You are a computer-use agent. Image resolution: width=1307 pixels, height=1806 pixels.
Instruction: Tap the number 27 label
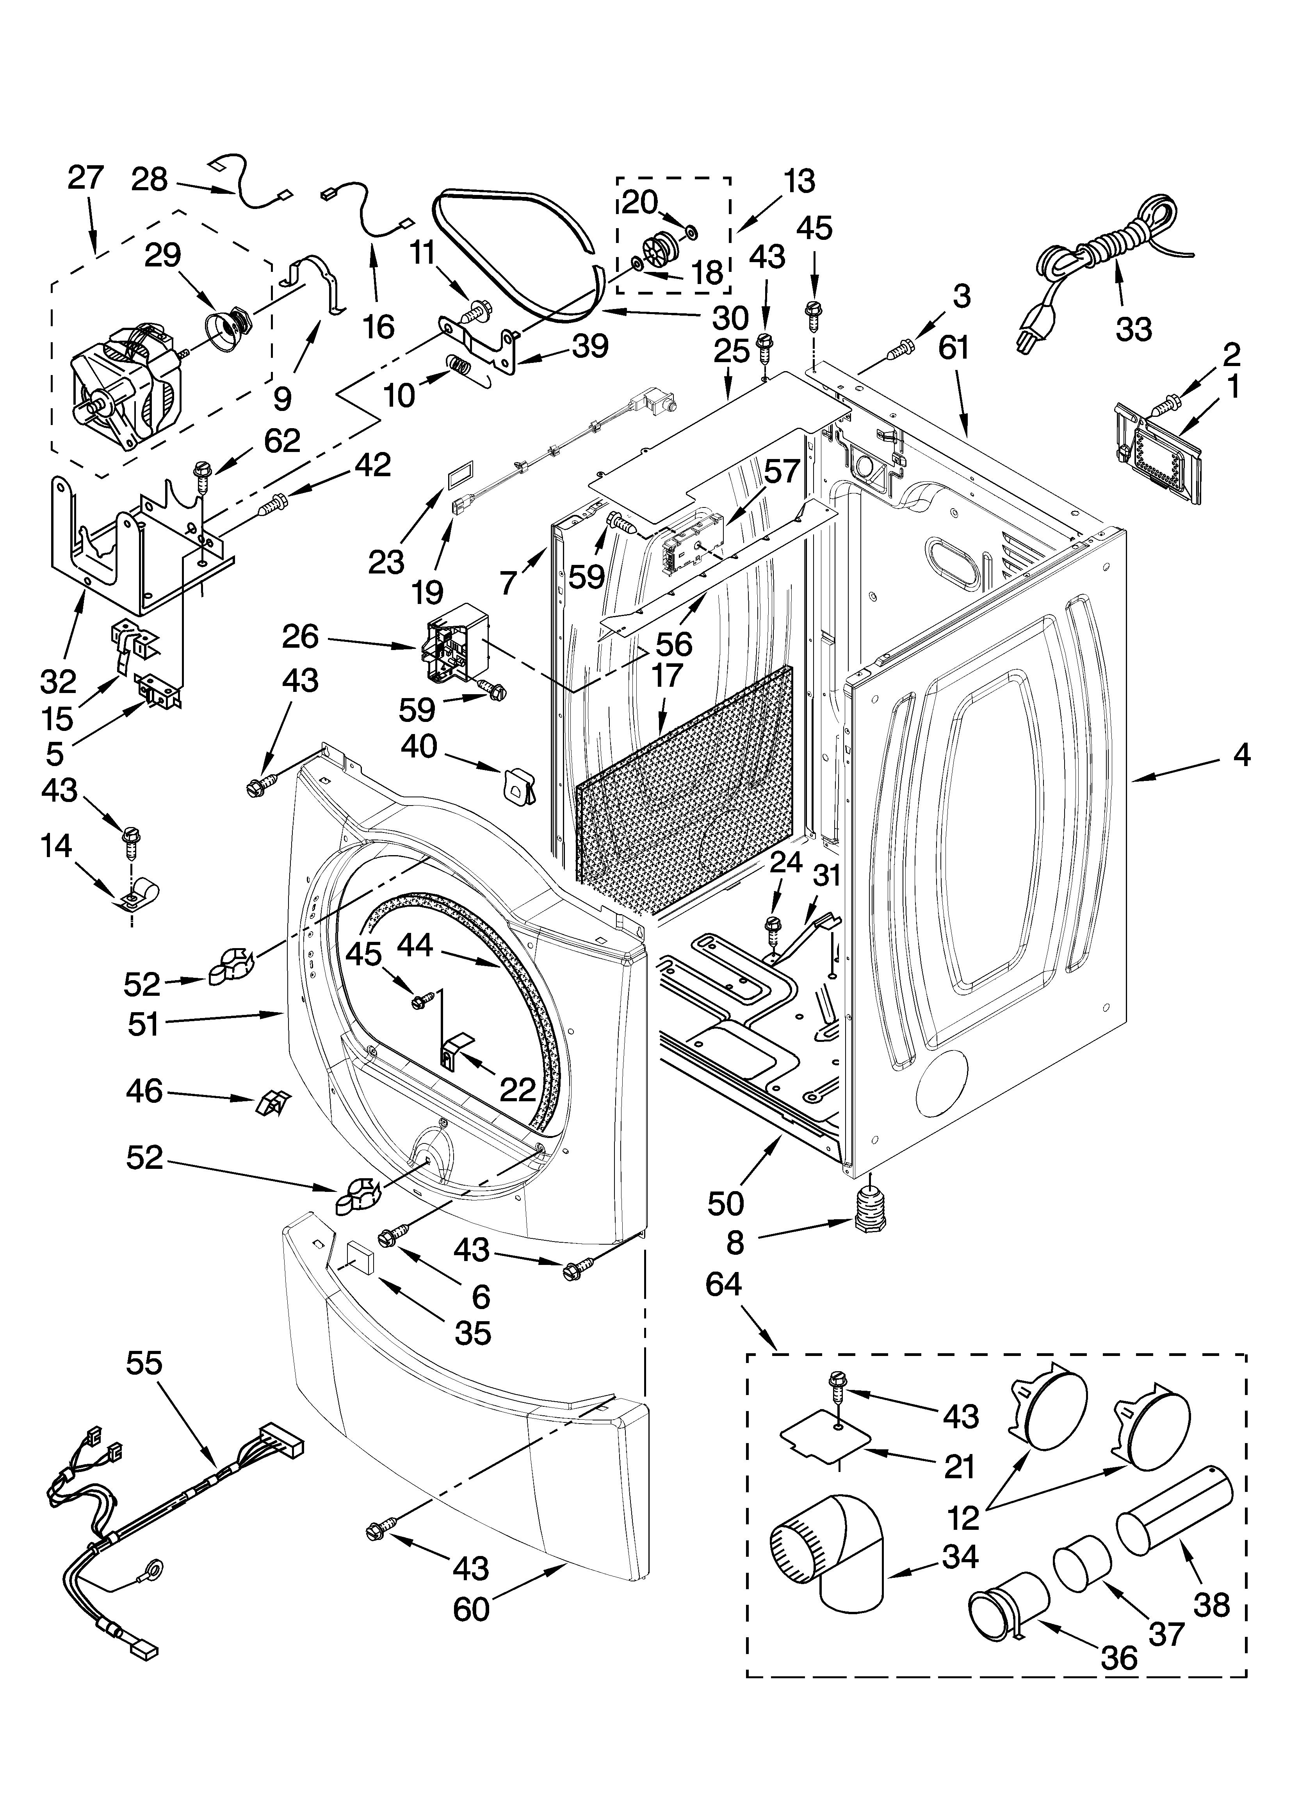pos(85,177)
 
